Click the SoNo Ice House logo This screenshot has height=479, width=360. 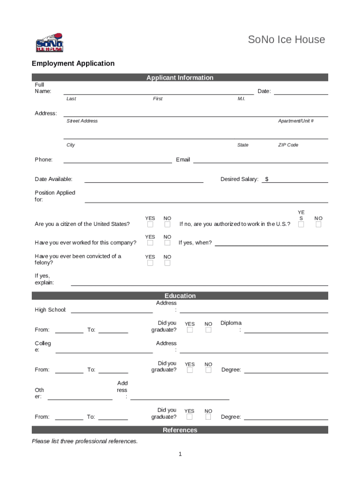(49, 43)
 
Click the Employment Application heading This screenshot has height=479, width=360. (73, 63)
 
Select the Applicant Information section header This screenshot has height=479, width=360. (180, 78)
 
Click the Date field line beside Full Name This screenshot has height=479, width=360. (301, 94)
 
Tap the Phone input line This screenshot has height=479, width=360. (117, 162)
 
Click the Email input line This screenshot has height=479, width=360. (260, 162)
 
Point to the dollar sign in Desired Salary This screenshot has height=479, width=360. (266, 179)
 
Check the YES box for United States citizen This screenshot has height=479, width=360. (150, 225)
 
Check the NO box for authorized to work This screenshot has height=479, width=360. (318, 225)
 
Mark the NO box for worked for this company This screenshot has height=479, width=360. (167, 243)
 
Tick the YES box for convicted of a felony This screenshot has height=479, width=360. (150, 263)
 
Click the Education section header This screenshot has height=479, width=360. (180, 296)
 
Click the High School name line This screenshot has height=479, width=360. (112, 312)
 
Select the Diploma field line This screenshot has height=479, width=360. (286, 332)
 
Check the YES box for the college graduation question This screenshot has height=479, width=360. (190, 370)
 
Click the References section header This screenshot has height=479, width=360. (180, 430)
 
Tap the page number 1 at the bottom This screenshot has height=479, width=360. (180, 454)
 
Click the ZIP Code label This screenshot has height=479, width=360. (288, 145)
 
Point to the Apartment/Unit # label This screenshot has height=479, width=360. (295, 121)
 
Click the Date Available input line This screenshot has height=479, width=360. (144, 181)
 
